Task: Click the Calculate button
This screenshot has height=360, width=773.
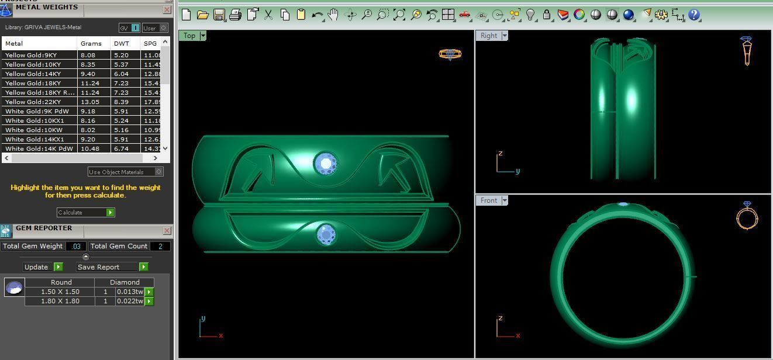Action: pos(85,212)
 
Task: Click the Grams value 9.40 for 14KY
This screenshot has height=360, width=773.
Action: pos(88,74)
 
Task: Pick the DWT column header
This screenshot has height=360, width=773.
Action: pos(122,43)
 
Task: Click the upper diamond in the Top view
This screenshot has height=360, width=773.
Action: pos(325,164)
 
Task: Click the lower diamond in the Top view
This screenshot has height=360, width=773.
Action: pos(326,234)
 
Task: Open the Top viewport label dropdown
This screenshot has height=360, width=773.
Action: pos(203,36)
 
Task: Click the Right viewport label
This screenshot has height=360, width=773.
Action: pos(488,36)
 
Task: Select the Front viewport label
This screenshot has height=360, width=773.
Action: pos(488,200)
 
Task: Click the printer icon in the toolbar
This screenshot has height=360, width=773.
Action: pos(235,15)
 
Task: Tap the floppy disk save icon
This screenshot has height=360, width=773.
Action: pos(219,15)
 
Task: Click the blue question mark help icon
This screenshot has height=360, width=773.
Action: pos(694,15)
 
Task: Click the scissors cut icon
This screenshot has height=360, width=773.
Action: pos(268,15)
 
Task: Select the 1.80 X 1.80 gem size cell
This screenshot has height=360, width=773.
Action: pos(60,301)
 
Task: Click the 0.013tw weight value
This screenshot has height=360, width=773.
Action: pos(129,292)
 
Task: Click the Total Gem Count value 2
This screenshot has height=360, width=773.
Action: pos(160,246)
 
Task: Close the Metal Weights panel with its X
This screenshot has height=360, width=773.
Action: pos(166,10)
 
